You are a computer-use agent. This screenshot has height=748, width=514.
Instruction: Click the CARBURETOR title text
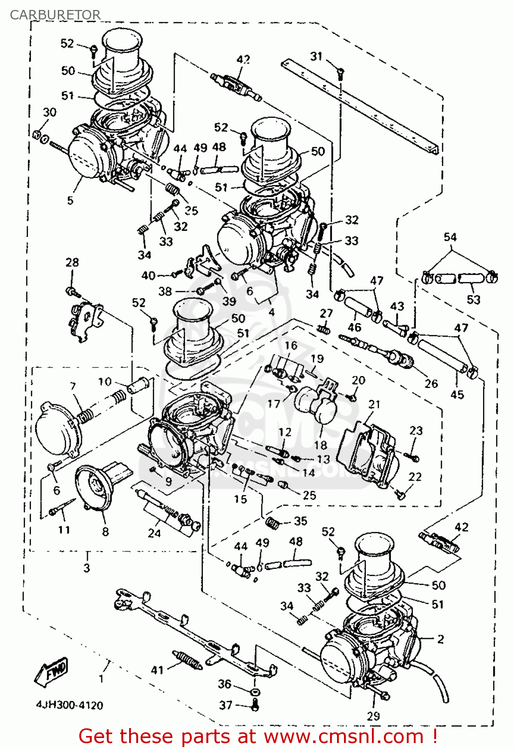(55, 15)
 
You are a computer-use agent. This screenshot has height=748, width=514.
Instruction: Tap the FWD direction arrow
(51, 671)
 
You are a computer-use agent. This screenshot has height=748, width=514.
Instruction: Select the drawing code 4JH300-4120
(69, 705)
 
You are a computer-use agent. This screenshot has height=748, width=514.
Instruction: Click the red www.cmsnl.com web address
(343, 736)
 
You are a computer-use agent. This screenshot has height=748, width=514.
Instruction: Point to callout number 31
(317, 56)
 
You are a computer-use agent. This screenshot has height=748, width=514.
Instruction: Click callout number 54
(450, 237)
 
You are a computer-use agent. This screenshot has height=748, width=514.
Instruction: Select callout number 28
(72, 262)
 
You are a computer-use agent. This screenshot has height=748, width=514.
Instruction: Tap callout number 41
(158, 670)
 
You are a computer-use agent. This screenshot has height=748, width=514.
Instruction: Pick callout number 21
(374, 404)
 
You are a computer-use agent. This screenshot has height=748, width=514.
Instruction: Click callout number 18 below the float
(321, 444)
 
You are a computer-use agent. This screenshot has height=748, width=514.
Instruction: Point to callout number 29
(373, 716)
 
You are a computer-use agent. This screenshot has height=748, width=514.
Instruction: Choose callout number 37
(226, 705)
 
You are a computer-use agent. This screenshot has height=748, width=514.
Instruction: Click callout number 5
(70, 200)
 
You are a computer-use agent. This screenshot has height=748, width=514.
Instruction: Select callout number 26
(431, 383)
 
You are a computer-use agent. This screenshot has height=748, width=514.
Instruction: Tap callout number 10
(105, 381)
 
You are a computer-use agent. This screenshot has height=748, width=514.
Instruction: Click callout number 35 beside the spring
(300, 521)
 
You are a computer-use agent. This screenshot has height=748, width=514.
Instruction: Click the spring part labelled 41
(187, 660)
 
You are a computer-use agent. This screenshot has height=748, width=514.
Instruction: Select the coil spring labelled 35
(272, 523)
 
